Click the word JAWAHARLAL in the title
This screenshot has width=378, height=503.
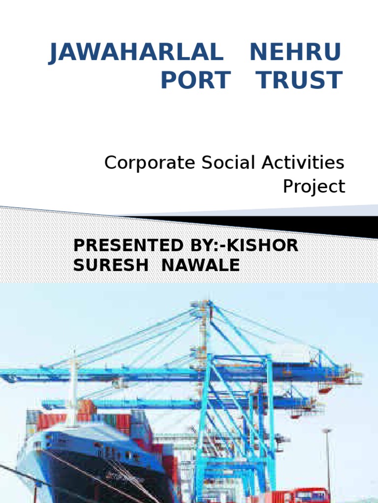coord(136,53)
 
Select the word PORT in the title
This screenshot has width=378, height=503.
coord(196,81)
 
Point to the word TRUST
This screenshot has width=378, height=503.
coord(300,81)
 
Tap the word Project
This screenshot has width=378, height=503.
coord(314,187)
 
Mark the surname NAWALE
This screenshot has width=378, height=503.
coord(200,265)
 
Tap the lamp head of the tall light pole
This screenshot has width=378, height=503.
coord(327,431)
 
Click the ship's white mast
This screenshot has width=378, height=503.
coord(73,383)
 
